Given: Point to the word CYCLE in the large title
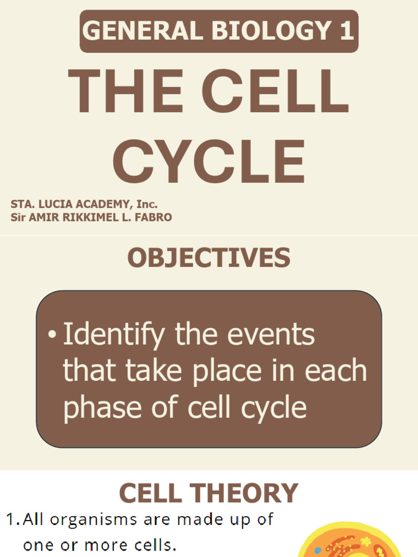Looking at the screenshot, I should pyautogui.click(x=208, y=162).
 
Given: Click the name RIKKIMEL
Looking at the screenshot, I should pyautogui.click(x=89, y=218).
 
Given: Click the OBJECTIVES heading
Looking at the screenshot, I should pyautogui.click(x=208, y=258).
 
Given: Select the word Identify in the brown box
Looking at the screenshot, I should pyautogui.click(x=113, y=336).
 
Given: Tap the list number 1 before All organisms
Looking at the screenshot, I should pyautogui.click(x=12, y=520).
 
